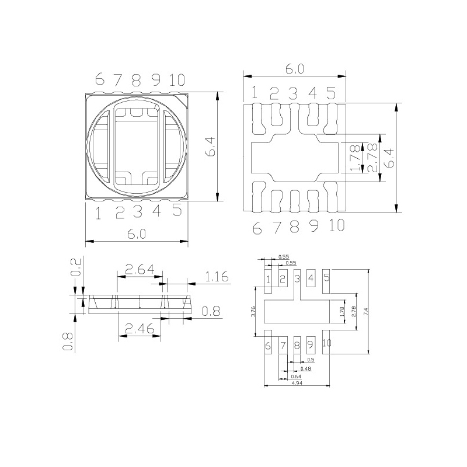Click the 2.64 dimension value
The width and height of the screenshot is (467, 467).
(x=140, y=270)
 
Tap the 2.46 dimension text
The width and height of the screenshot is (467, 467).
(x=139, y=329)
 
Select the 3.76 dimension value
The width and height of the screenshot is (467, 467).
(x=253, y=312)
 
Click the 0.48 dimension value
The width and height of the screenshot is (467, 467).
(x=305, y=368)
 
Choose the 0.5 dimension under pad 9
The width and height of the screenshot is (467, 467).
(x=311, y=360)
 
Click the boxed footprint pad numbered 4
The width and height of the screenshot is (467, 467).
(x=311, y=278)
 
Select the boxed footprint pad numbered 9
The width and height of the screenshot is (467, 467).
(x=311, y=345)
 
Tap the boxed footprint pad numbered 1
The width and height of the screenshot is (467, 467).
(x=268, y=278)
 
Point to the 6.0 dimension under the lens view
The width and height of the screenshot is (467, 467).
(x=137, y=233)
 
